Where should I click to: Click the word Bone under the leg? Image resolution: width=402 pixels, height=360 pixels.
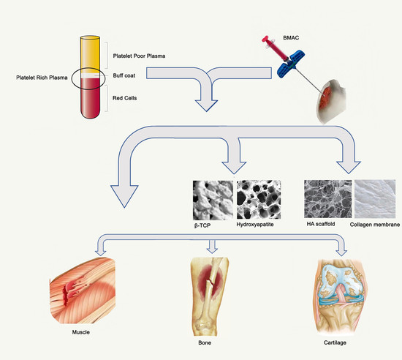[x=205, y=342]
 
